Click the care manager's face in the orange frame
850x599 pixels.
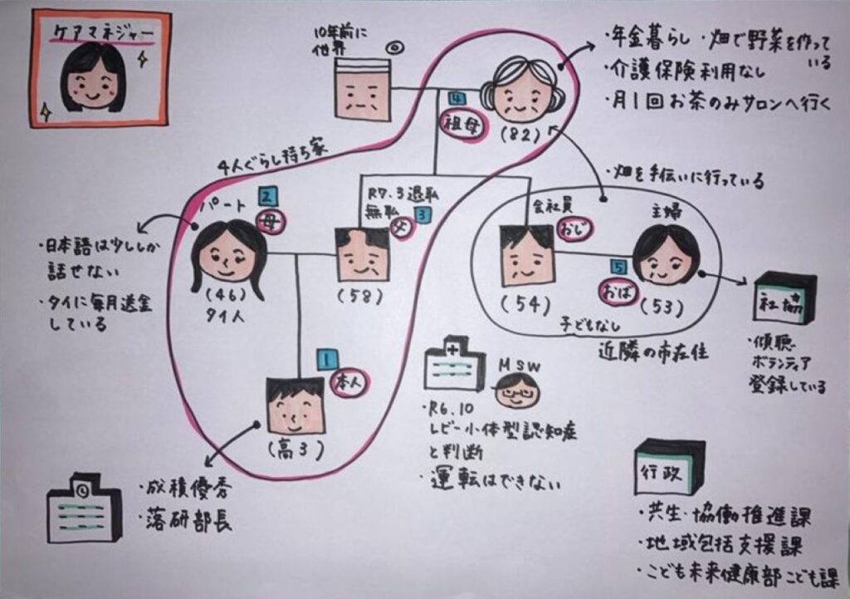tap(93, 79)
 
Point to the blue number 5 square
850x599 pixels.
tap(616, 268)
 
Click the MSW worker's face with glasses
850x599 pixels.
tap(517, 389)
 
